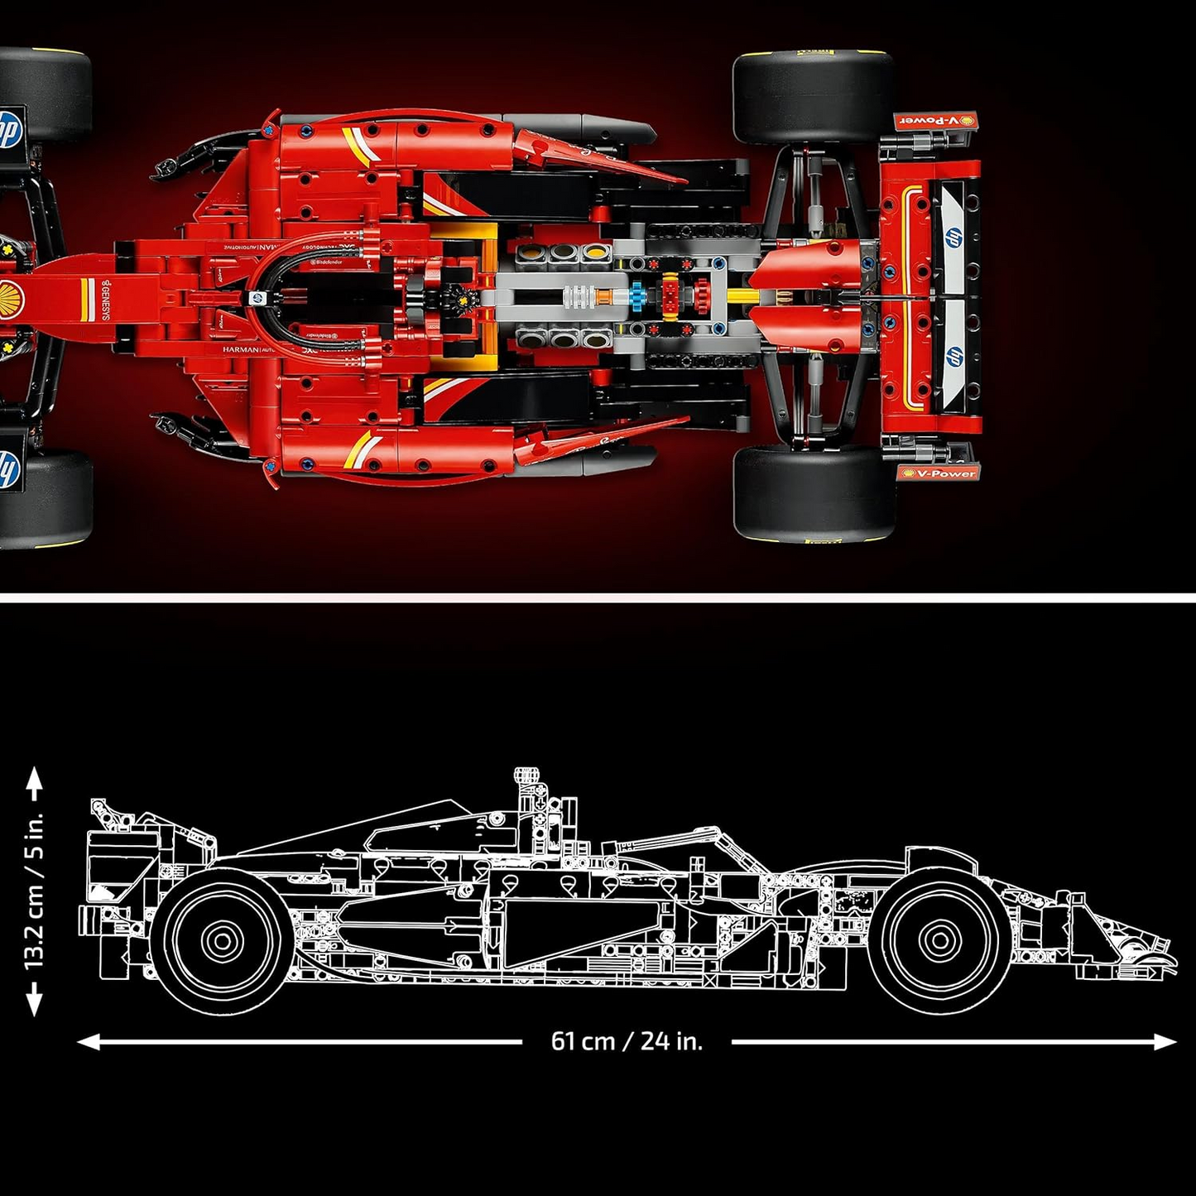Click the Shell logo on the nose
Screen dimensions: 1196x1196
coord(12,293)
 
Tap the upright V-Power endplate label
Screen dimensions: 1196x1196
coord(939,473)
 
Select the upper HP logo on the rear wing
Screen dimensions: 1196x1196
coord(954,236)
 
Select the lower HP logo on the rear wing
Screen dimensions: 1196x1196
coord(954,357)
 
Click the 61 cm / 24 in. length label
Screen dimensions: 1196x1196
coord(627,1041)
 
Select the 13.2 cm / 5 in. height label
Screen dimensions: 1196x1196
coord(34,891)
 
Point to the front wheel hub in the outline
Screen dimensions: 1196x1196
coord(939,939)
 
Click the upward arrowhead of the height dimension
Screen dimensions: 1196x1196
coord(34,776)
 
